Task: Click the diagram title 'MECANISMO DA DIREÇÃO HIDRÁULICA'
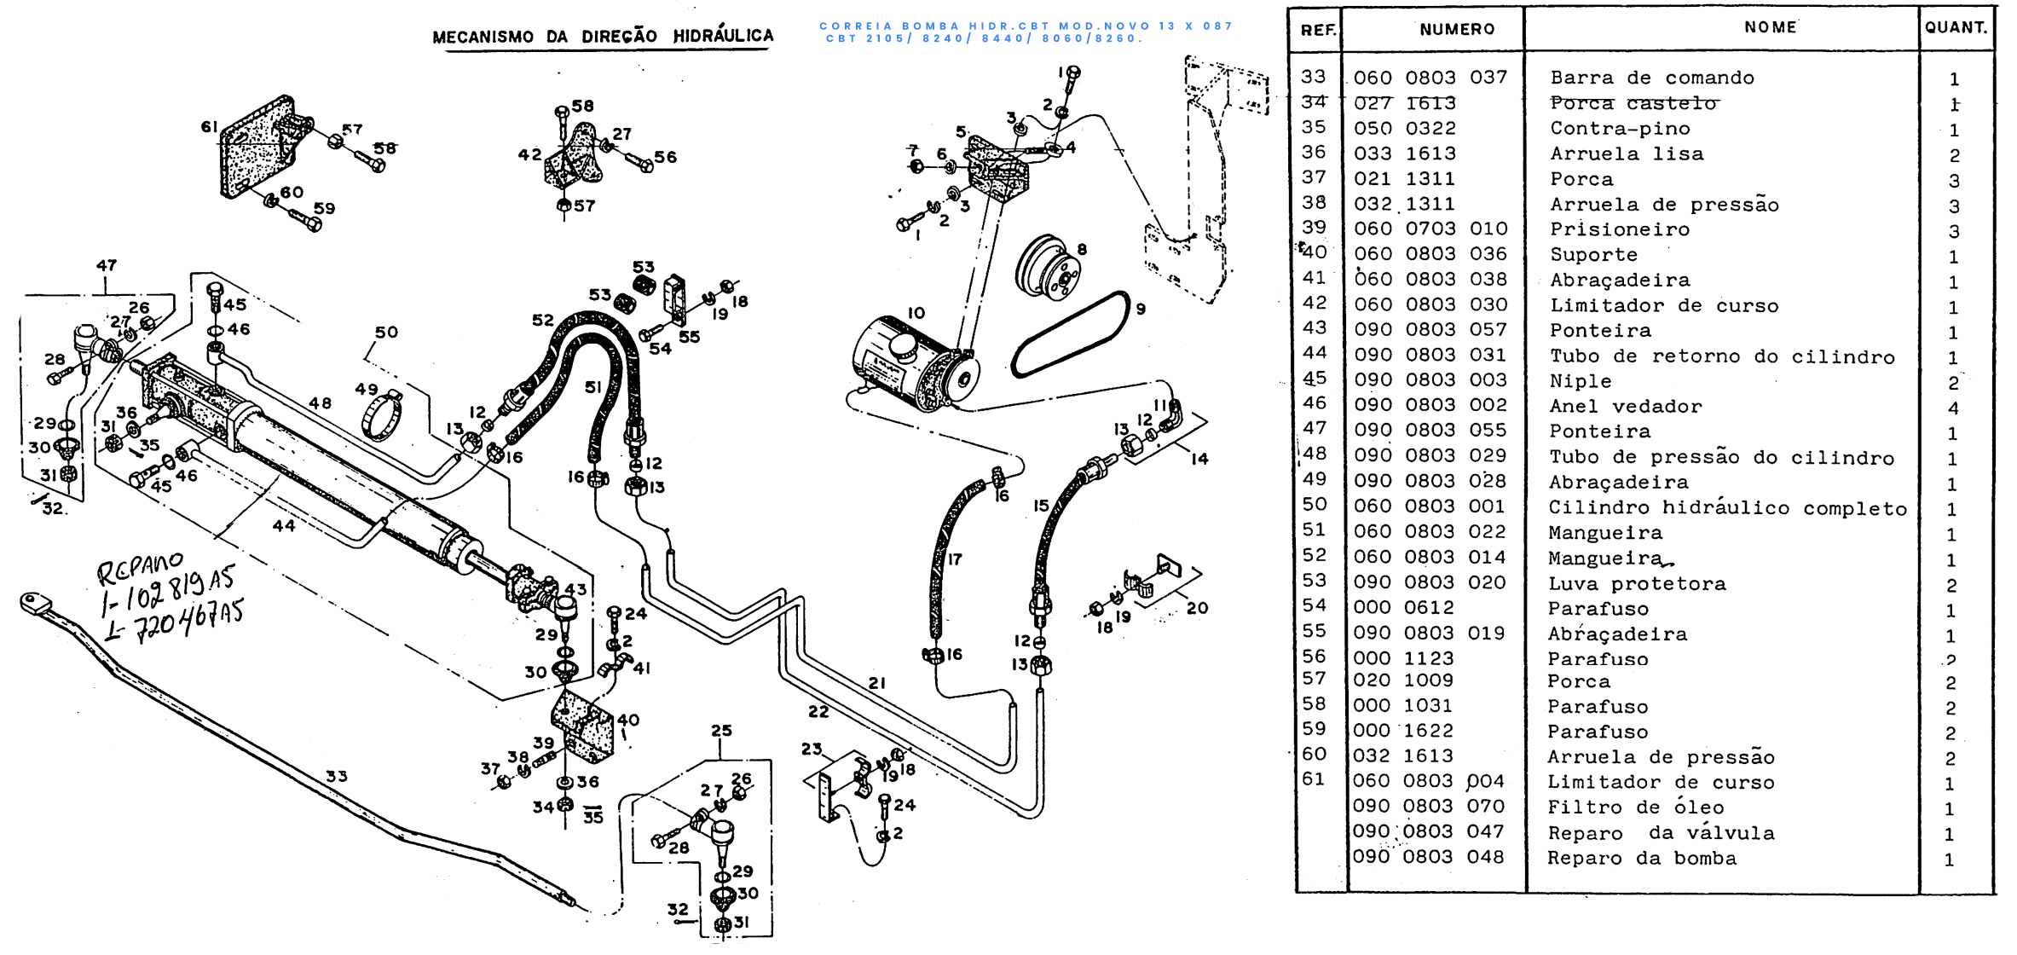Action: tap(603, 36)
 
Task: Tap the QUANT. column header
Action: tap(1956, 27)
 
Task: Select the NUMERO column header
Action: tap(1457, 30)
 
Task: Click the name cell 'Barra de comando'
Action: tap(1651, 78)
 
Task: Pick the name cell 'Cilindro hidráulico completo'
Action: tap(1727, 507)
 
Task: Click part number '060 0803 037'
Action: tap(1430, 78)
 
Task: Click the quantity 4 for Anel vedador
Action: tap(1953, 408)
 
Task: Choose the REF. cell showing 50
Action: tap(1315, 505)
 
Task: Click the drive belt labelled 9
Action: tap(1071, 335)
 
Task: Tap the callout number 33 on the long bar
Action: tap(337, 777)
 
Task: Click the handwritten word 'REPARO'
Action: tap(139, 568)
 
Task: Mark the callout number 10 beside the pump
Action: tap(916, 313)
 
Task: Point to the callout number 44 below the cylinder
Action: tap(284, 526)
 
